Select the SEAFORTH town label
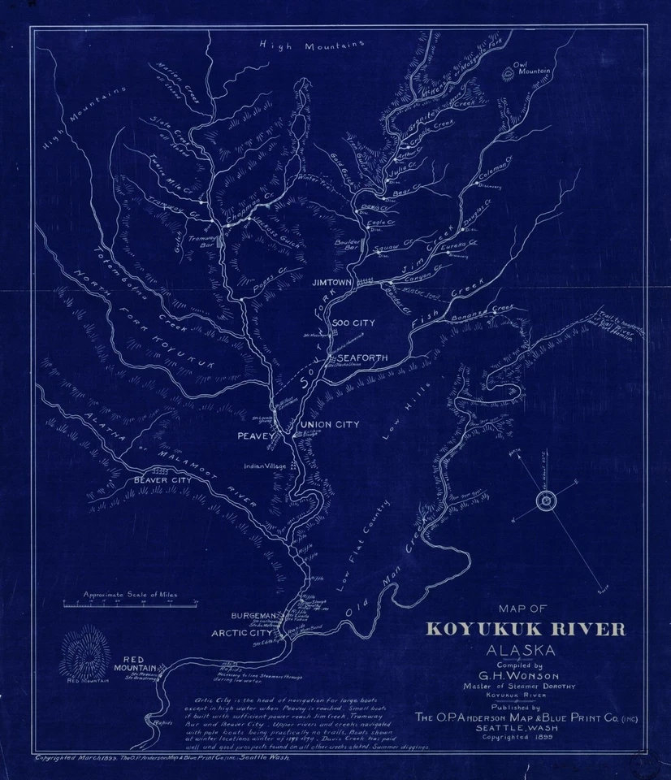tap(362, 357)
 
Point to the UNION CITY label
tap(330, 424)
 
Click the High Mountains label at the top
tap(310, 46)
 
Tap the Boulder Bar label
tap(346, 244)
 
